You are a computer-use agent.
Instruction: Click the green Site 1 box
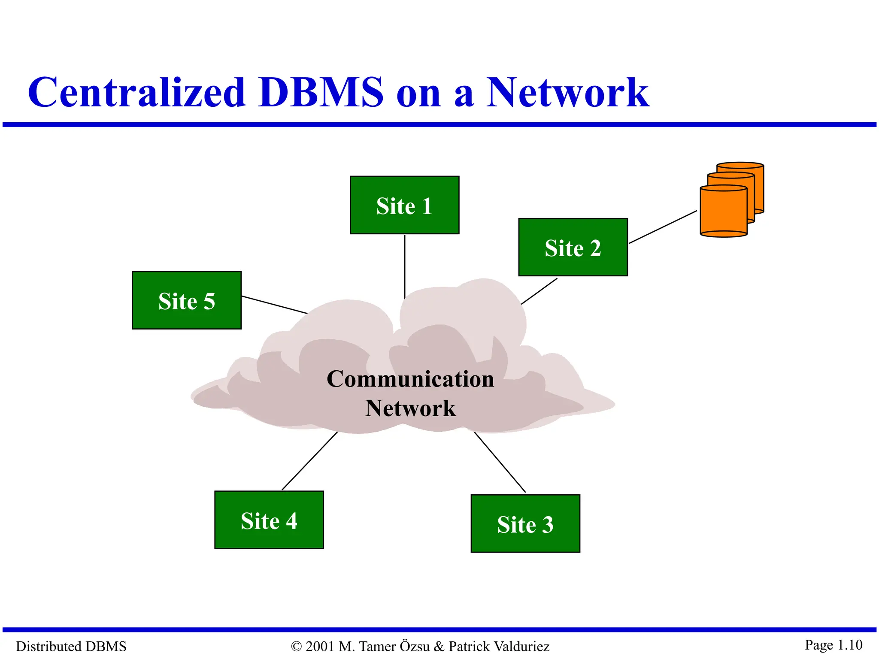(x=404, y=205)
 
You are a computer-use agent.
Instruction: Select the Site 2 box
(x=573, y=247)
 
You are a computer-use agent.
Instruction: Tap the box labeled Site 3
(x=525, y=523)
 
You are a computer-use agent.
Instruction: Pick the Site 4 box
(x=269, y=520)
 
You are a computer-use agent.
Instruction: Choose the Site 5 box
(x=186, y=300)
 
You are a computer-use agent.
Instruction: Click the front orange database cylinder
(x=723, y=212)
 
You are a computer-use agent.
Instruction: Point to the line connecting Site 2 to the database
(x=663, y=227)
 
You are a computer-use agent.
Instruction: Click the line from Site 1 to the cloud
(x=404, y=266)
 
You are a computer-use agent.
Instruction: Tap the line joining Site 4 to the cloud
(x=309, y=461)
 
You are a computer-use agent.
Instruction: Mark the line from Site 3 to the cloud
(x=500, y=462)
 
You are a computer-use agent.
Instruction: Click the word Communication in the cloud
(x=410, y=379)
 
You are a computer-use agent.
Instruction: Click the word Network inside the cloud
(x=410, y=408)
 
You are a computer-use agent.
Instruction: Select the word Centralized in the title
(x=136, y=92)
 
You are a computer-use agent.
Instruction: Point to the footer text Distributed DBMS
(x=71, y=646)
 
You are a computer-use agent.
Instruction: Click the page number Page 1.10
(x=833, y=645)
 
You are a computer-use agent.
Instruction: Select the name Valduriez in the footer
(x=521, y=646)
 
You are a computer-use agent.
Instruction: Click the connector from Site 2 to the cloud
(x=539, y=291)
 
